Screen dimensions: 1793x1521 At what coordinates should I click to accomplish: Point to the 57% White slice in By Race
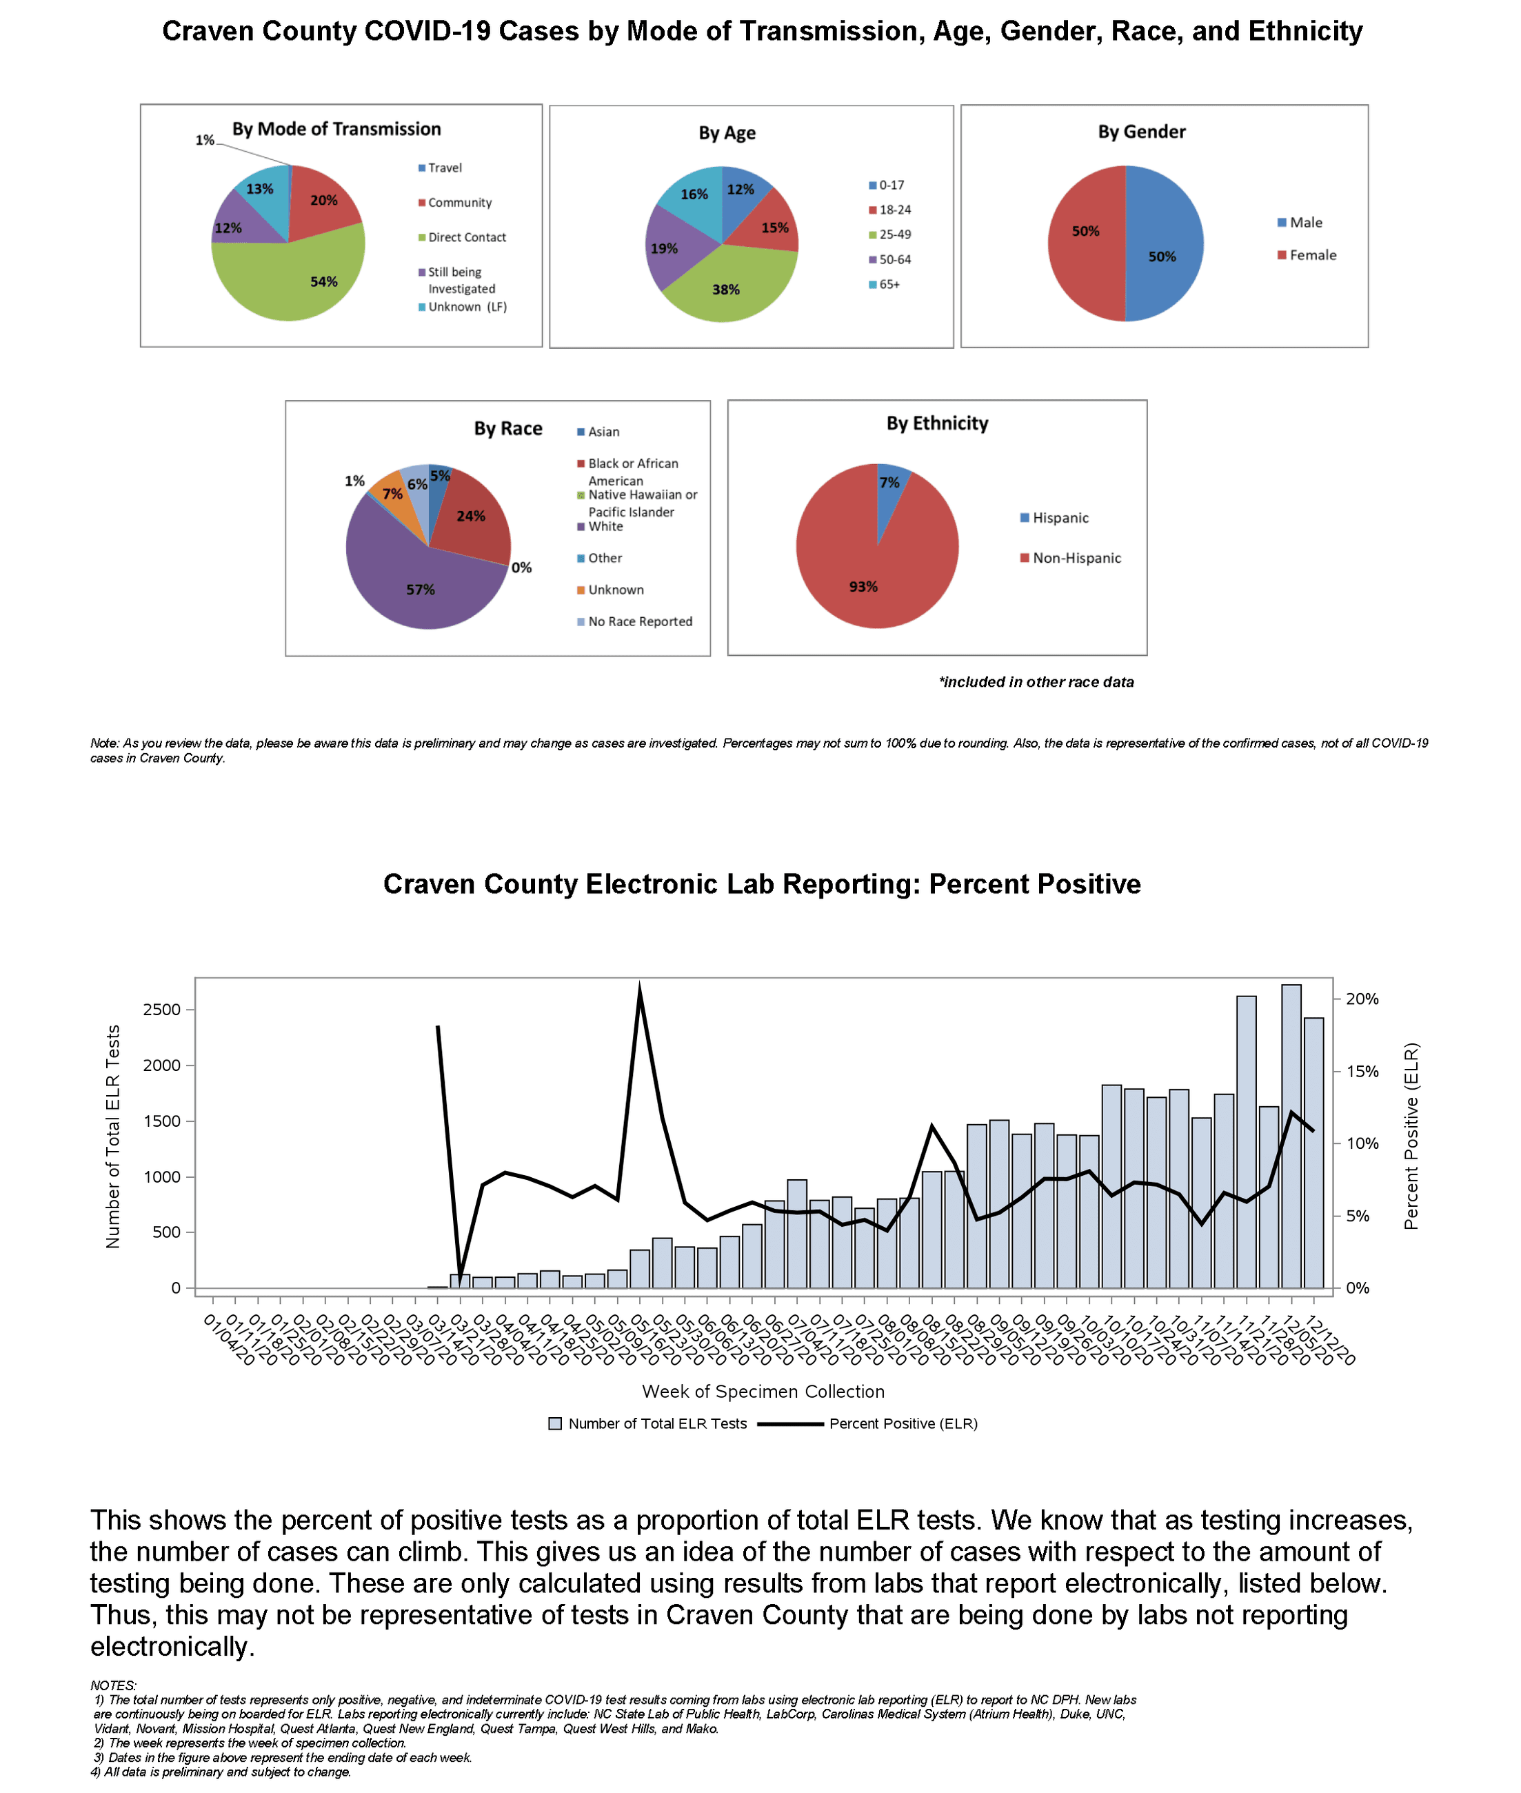point(414,582)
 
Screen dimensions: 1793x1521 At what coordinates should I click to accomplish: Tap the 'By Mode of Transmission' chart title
point(336,130)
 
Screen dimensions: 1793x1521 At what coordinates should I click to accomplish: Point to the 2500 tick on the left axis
point(162,1010)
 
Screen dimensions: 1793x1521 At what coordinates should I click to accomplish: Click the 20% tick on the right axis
point(1362,999)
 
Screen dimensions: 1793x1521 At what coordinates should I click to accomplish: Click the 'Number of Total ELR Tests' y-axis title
point(113,1136)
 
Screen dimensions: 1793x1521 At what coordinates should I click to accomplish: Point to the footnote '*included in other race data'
point(1036,682)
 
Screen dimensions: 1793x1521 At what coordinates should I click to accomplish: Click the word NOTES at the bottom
point(113,1685)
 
